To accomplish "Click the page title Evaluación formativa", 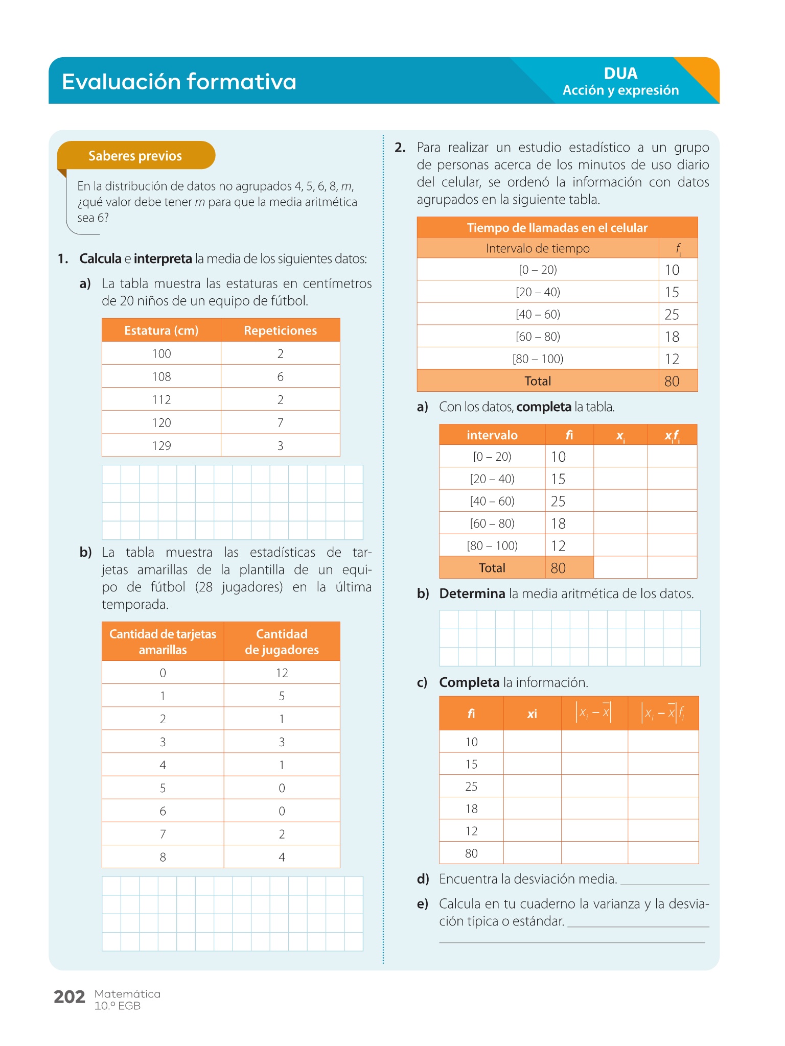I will [179, 82].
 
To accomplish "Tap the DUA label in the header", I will [620, 74].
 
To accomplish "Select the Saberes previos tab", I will [135, 156].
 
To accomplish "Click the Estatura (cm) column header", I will [161, 330].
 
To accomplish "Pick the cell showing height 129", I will [161, 446].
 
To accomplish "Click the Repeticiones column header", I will [280, 330].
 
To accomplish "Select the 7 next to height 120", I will [280, 423].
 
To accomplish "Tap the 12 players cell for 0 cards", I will [282, 673].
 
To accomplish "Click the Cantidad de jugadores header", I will [282, 641].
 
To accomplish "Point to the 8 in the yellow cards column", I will [163, 857].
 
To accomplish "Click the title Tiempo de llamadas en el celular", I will [557, 228].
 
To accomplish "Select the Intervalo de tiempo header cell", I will [538, 249].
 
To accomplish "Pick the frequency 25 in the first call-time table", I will [672, 315].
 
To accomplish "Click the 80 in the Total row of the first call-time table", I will [672, 382].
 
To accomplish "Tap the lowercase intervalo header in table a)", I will [492, 435].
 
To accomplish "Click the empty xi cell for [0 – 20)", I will [620, 457].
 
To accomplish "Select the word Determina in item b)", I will [472, 594].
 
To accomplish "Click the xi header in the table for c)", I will [532, 714].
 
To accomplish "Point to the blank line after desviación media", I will [664, 882].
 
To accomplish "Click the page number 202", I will [70, 997].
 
